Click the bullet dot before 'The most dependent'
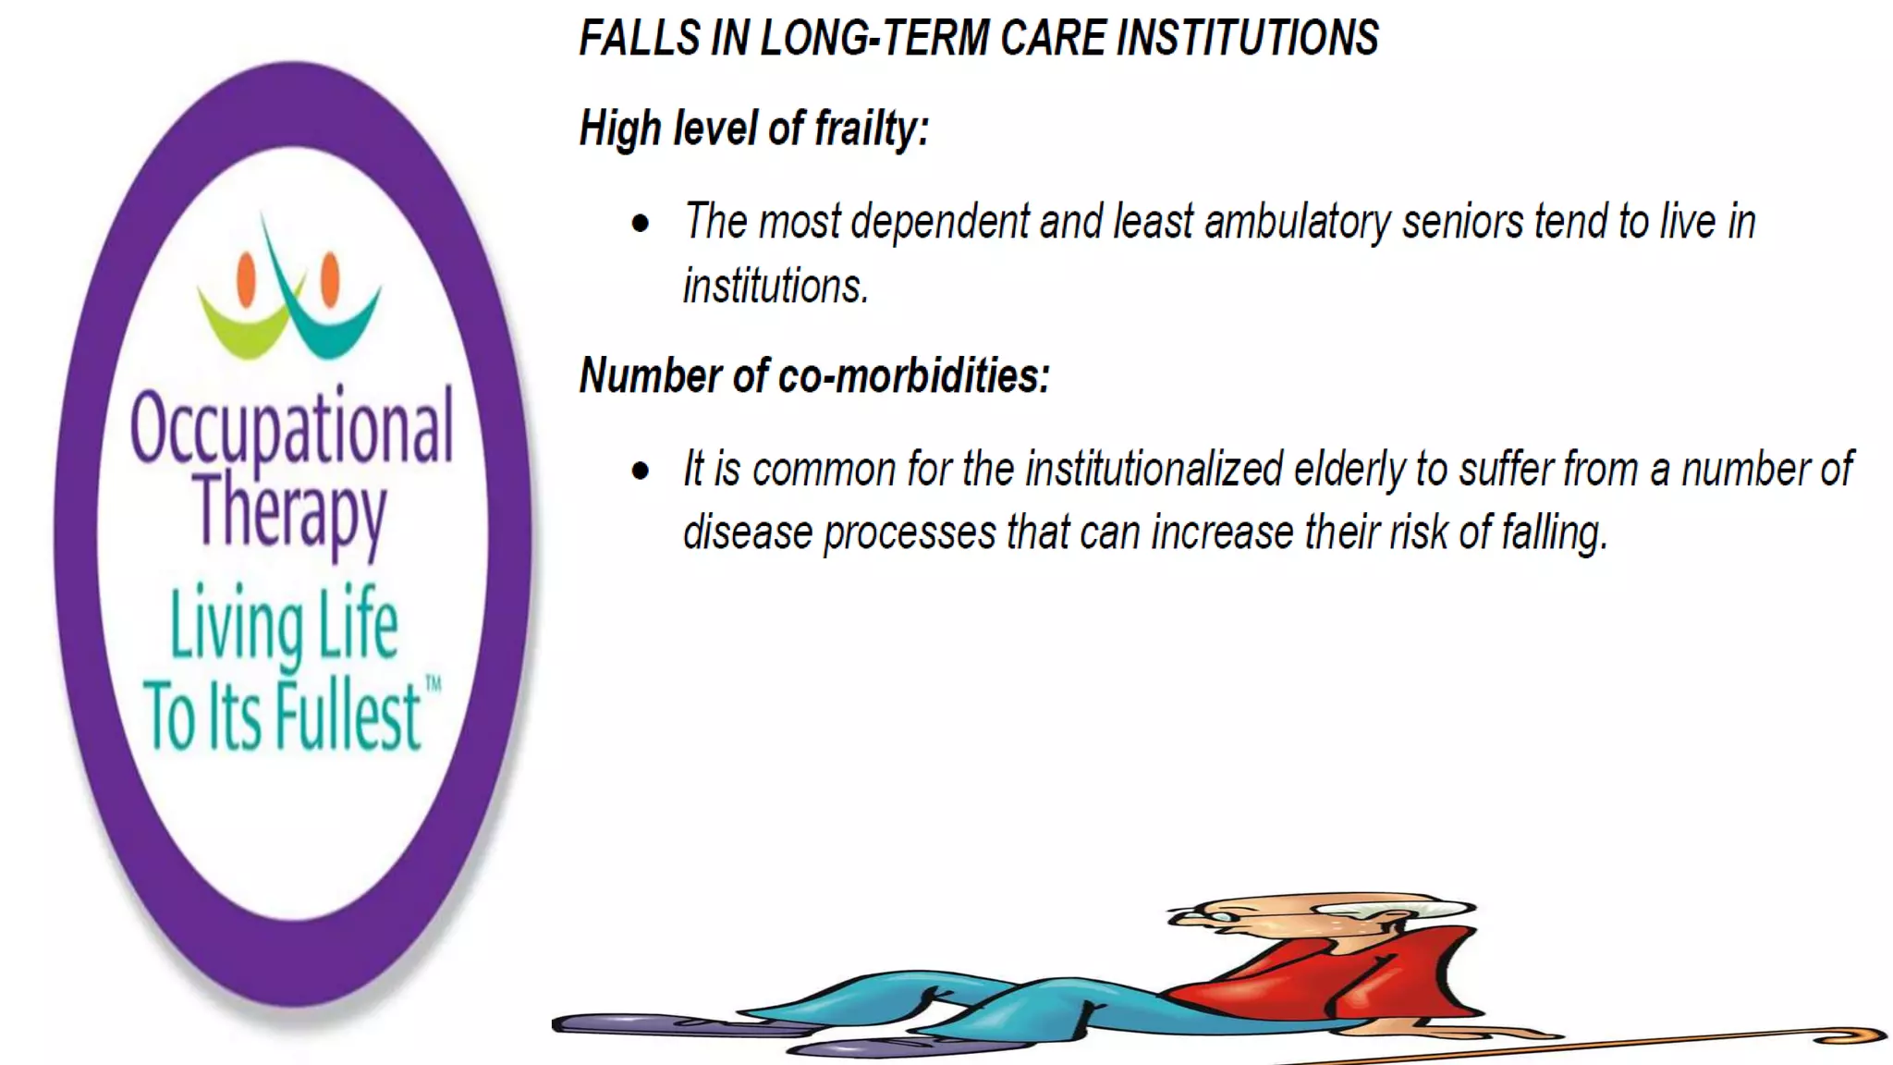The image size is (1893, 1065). [x=641, y=223]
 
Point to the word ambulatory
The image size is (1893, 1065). [x=1297, y=223]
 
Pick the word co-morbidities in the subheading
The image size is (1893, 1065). [x=913, y=376]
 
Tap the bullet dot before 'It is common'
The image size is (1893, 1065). [x=641, y=471]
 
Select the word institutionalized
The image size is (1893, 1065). [x=1154, y=470]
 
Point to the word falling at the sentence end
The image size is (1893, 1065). [x=1554, y=533]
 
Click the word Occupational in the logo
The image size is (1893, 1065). [x=292, y=426]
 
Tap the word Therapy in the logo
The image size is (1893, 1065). [x=290, y=511]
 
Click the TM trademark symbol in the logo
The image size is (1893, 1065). [x=433, y=685]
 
